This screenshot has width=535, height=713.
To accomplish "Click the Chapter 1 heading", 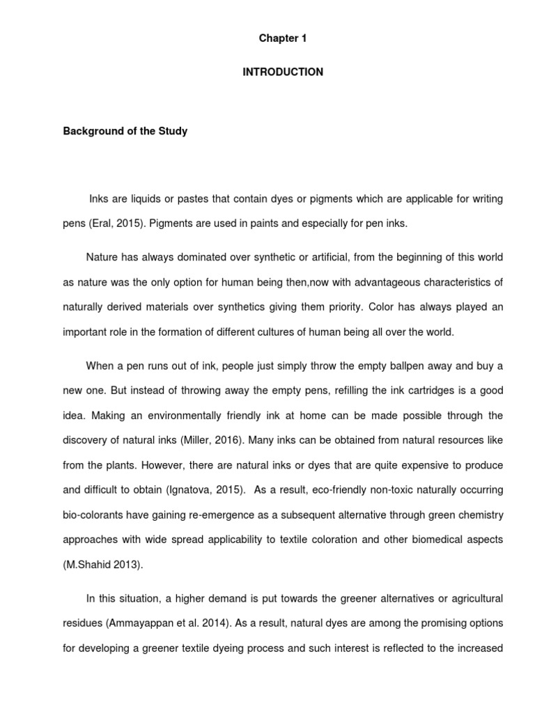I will point(283,39).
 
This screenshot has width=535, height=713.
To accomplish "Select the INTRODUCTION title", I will point(283,72).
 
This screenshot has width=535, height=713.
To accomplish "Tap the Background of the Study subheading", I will point(125,131).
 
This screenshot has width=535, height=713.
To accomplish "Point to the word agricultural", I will point(472,599).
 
